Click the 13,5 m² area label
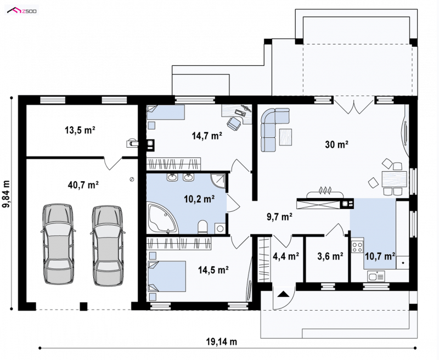[80, 130]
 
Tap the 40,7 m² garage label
[83, 185]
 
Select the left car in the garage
[58, 244]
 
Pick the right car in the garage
[107, 246]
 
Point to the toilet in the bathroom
[202, 227]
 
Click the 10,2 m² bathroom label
[199, 199]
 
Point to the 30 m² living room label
[336, 144]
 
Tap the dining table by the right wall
[394, 179]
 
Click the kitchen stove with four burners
[357, 247]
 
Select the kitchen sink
[376, 276]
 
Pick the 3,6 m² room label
[330, 256]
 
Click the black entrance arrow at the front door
[283, 294]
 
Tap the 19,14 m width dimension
[222, 341]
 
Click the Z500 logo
[22, 11]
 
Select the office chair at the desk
[235, 123]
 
